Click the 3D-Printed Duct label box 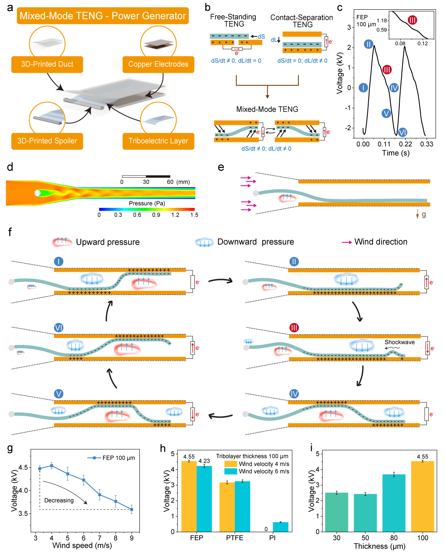(47, 64)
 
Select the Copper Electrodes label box (158, 64)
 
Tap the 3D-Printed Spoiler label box (47, 141)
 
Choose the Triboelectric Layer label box (158, 141)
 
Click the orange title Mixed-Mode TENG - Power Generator (103, 16)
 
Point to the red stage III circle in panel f (294, 328)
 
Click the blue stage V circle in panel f (59, 394)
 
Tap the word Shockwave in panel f (399, 342)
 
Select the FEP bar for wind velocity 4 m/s (189, 496)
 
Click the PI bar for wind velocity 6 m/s (280, 527)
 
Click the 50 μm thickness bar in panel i (365, 512)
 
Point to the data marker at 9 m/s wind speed (131, 510)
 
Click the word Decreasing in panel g (59, 500)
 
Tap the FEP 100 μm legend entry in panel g (112, 458)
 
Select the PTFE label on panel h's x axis (234, 538)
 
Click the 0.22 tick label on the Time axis (405, 144)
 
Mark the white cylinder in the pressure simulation (37, 193)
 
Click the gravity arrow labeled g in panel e (418, 215)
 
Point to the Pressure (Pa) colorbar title (147, 203)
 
